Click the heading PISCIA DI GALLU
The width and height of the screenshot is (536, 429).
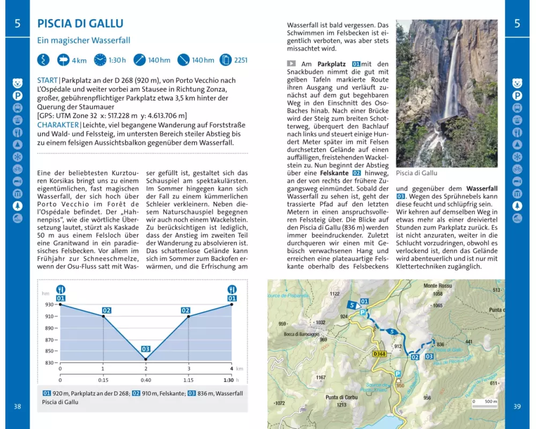tap(80, 24)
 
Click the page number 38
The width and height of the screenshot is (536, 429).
tap(17, 406)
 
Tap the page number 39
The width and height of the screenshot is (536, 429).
tap(517, 406)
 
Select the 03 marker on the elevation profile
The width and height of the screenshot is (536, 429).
tap(146, 349)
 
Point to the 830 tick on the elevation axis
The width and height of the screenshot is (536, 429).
tap(49, 363)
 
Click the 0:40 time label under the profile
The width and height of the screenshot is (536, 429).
tap(146, 380)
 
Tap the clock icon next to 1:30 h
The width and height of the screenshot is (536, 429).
tap(100, 60)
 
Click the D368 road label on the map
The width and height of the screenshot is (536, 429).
tap(379, 353)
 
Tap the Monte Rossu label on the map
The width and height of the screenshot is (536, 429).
tap(437, 286)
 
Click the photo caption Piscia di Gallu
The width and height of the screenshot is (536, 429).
tap(416, 173)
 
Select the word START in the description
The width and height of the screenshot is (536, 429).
tap(47, 80)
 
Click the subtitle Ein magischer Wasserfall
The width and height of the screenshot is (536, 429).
tap(84, 40)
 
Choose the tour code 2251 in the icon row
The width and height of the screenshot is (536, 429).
tap(241, 60)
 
